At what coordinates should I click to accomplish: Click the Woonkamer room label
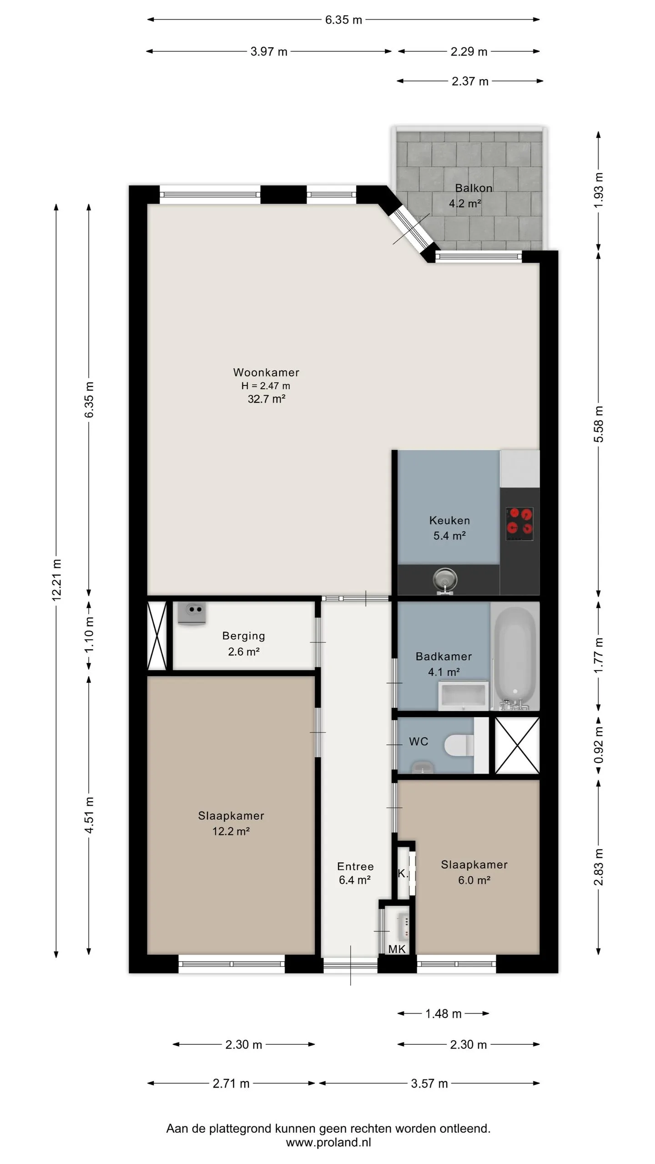[266, 372]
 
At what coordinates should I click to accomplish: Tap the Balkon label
[474, 188]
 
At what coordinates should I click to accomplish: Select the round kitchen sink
[444, 580]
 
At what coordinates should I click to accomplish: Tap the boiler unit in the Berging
[191, 613]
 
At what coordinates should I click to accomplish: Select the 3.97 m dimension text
[269, 51]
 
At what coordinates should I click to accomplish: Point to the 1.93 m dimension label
[599, 190]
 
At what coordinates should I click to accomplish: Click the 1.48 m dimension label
[443, 1013]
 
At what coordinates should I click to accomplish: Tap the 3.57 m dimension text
[429, 1084]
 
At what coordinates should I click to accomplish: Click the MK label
[397, 949]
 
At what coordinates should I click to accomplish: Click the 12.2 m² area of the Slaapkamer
[231, 831]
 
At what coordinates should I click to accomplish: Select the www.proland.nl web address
[328, 1143]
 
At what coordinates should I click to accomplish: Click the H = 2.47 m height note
[266, 386]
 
